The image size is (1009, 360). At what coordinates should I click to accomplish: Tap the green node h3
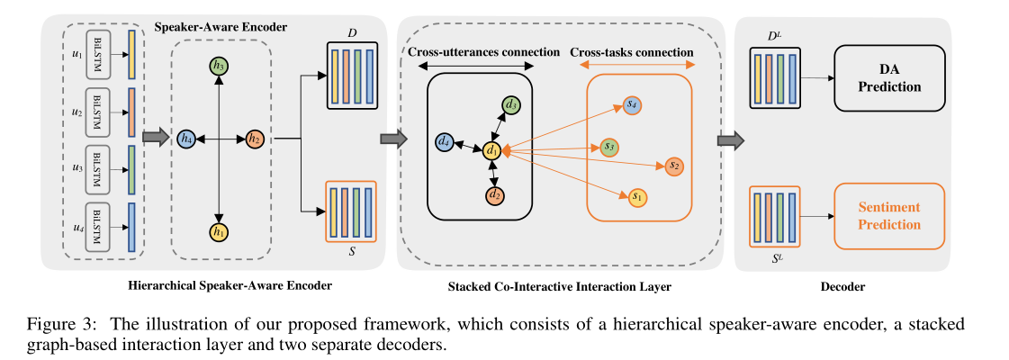coord(218,66)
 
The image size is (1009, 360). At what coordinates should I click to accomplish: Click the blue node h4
coord(187,139)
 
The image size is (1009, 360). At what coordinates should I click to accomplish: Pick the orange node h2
coord(255,139)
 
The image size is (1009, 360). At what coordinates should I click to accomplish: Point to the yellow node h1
coord(218,231)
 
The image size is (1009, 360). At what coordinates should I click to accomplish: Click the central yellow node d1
coord(491,152)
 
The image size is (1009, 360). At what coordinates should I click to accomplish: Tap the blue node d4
coord(443,140)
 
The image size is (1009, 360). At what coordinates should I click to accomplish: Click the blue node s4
coord(632,105)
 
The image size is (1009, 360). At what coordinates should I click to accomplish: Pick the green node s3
coord(608,146)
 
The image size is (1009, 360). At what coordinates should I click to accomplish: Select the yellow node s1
coord(636,194)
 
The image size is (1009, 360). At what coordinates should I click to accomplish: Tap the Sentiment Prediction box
coord(889,216)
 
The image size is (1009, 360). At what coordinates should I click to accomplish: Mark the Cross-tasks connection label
coord(636,52)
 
